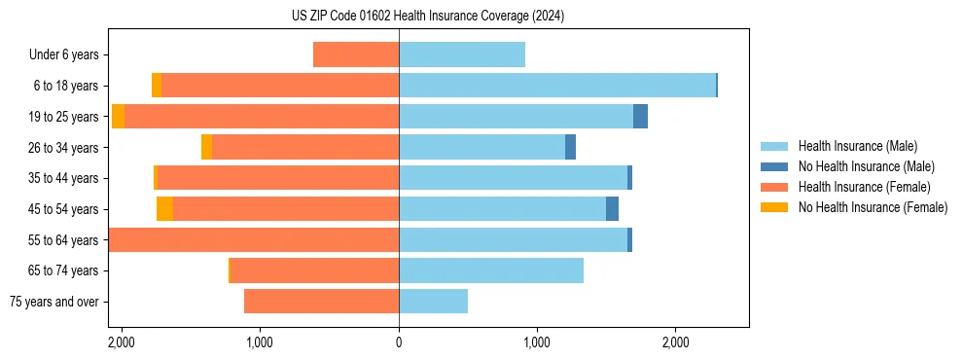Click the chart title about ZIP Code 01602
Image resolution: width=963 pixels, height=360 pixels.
point(428,16)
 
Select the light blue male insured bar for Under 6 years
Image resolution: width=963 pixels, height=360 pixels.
point(462,54)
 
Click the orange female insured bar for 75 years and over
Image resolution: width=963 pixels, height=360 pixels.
point(321,302)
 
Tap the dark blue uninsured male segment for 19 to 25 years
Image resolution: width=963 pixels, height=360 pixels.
point(640,117)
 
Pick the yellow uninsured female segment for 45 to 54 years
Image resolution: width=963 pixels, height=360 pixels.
point(164,209)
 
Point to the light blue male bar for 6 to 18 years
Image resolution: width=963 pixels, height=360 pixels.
point(557,86)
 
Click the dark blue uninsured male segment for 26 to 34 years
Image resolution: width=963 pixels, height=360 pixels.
point(570,147)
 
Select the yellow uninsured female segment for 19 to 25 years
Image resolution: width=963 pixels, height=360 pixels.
point(118,117)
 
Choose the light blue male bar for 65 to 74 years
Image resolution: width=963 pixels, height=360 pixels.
point(491,270)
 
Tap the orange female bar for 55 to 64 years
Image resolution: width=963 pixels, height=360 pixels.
point(254,239)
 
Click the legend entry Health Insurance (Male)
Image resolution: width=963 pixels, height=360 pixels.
point(856,146)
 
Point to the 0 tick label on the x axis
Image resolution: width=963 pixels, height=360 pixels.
point(399,342)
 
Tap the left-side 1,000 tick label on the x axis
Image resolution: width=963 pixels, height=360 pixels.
point(260,342)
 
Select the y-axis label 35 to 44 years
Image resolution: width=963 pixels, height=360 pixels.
point(63,178)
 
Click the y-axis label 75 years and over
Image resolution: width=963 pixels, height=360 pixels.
point(53,302)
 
